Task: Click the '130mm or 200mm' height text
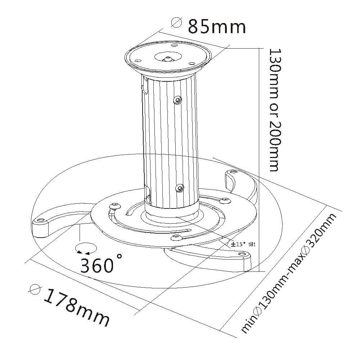coord(273,109)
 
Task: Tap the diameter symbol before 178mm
coord(36,289)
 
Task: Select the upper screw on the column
coord(177,100)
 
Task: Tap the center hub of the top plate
coord(167,57)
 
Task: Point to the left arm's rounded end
coord(40,225)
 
